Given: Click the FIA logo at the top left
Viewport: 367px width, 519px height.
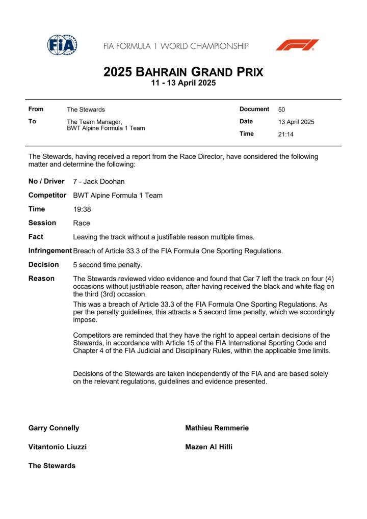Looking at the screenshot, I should (x=62, y=45).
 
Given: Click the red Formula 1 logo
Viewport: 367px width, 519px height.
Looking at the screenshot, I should (x=297, y=45).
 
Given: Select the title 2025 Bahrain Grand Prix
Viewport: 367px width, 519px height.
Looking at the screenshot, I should (x=183, y=72).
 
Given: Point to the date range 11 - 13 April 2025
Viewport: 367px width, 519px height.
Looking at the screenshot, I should (x=183, y=83).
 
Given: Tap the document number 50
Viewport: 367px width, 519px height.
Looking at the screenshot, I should (x=282, y=110).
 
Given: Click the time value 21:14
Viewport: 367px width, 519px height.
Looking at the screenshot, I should (x=286, y=135).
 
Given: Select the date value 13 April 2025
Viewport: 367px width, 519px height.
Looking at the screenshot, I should (x=296, y=122).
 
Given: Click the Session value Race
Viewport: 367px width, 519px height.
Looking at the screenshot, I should (x=82, y=223).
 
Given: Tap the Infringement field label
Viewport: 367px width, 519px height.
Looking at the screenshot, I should (x=50, y=251).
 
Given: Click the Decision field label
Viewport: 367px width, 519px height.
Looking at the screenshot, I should (x=43, y=264).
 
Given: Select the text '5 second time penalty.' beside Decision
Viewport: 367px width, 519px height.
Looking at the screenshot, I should (x=108, y=265).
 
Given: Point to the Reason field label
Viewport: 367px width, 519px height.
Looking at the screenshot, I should (x=41, y=279).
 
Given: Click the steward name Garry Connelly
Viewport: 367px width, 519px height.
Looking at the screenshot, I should (x=54, y=428).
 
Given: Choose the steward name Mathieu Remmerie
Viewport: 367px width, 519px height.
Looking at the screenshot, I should (x=217, y=428).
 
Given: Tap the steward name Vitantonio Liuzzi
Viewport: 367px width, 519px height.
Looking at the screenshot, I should (x=57, y=447).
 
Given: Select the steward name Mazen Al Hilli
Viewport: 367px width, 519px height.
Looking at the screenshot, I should (x=209, y=447).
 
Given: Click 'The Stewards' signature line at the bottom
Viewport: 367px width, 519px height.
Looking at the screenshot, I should (x=51, y=466).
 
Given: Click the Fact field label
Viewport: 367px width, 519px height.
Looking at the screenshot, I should (x=36, y=237).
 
